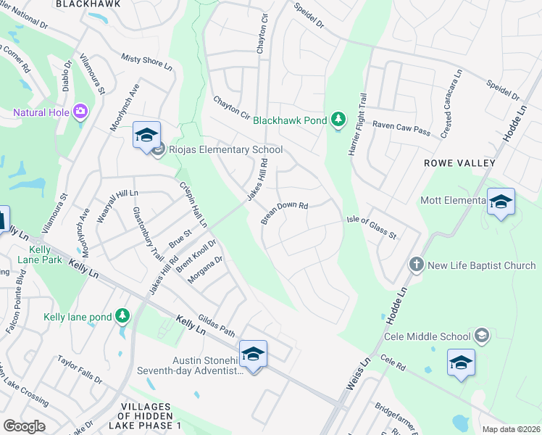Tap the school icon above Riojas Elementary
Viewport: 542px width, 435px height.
146,135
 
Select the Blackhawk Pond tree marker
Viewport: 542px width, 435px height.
338,118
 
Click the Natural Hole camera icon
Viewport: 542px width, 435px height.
80,112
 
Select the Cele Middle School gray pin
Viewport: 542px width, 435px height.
483,336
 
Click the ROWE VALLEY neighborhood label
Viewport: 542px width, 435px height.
459,164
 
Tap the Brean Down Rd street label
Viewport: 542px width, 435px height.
284,211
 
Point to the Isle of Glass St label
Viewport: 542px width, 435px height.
371,226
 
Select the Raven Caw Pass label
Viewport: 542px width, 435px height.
401,125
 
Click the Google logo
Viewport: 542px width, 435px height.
24,426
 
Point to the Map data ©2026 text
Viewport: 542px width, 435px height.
510,429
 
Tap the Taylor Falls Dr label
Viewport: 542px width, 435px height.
80,369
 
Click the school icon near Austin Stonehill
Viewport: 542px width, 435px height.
253,355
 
